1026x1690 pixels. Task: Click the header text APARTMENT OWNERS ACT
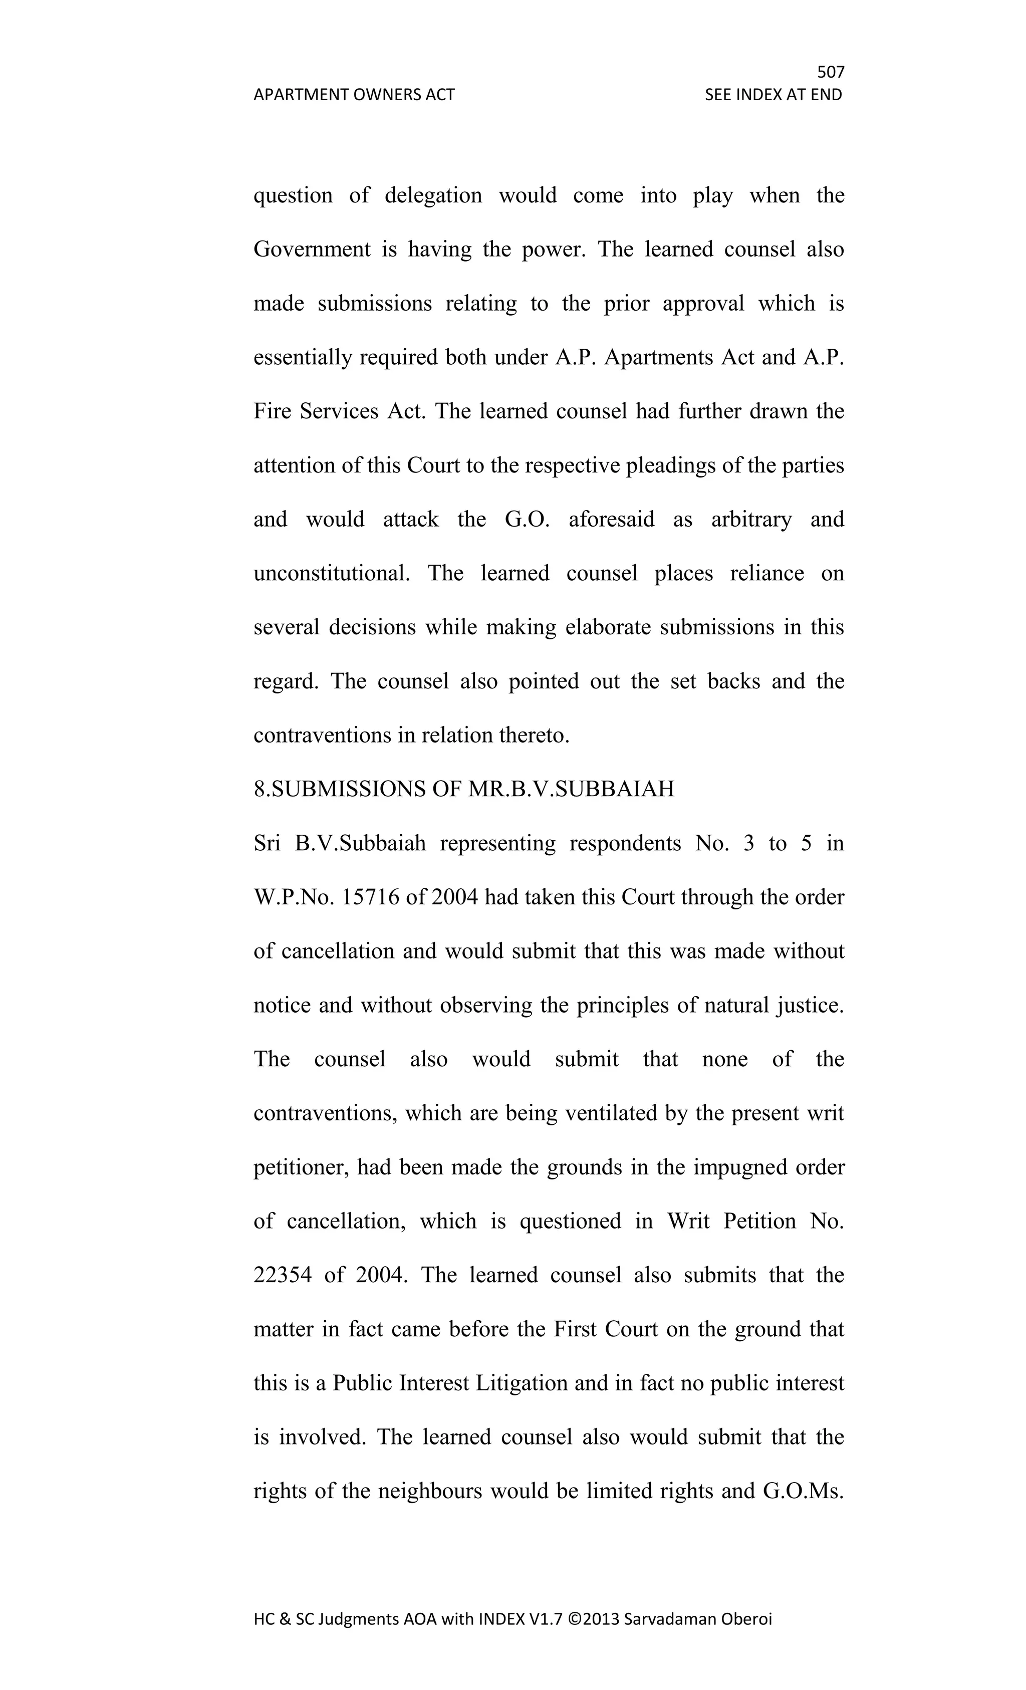tap(354, 95)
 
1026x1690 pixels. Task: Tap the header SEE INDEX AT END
tap(773, 95)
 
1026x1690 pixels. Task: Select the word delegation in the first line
tap(433, 195)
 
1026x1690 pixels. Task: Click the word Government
tap(312, 249)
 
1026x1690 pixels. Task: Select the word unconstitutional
tap(331, 573)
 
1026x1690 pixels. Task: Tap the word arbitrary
tap(751, 519)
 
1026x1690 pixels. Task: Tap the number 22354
tap(283, 1276)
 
